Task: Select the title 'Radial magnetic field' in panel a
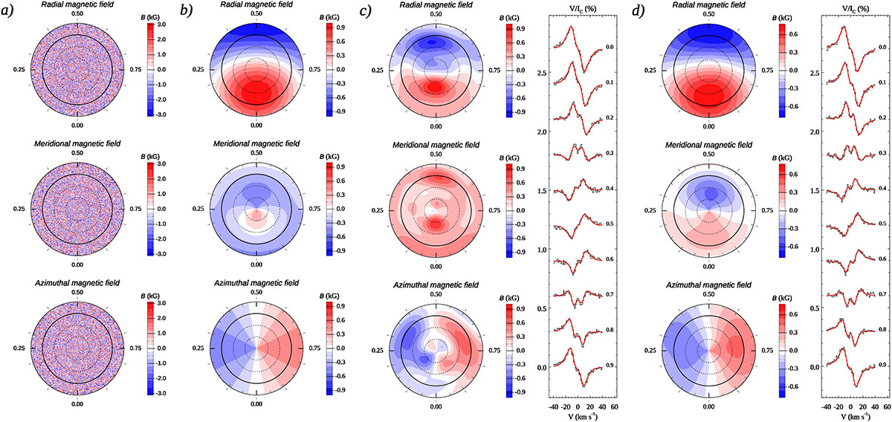[x=77, y=5]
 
